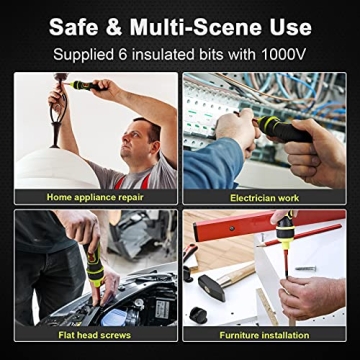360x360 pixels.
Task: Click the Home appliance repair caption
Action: (96, 197)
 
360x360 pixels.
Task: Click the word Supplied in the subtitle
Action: (86, 50)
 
